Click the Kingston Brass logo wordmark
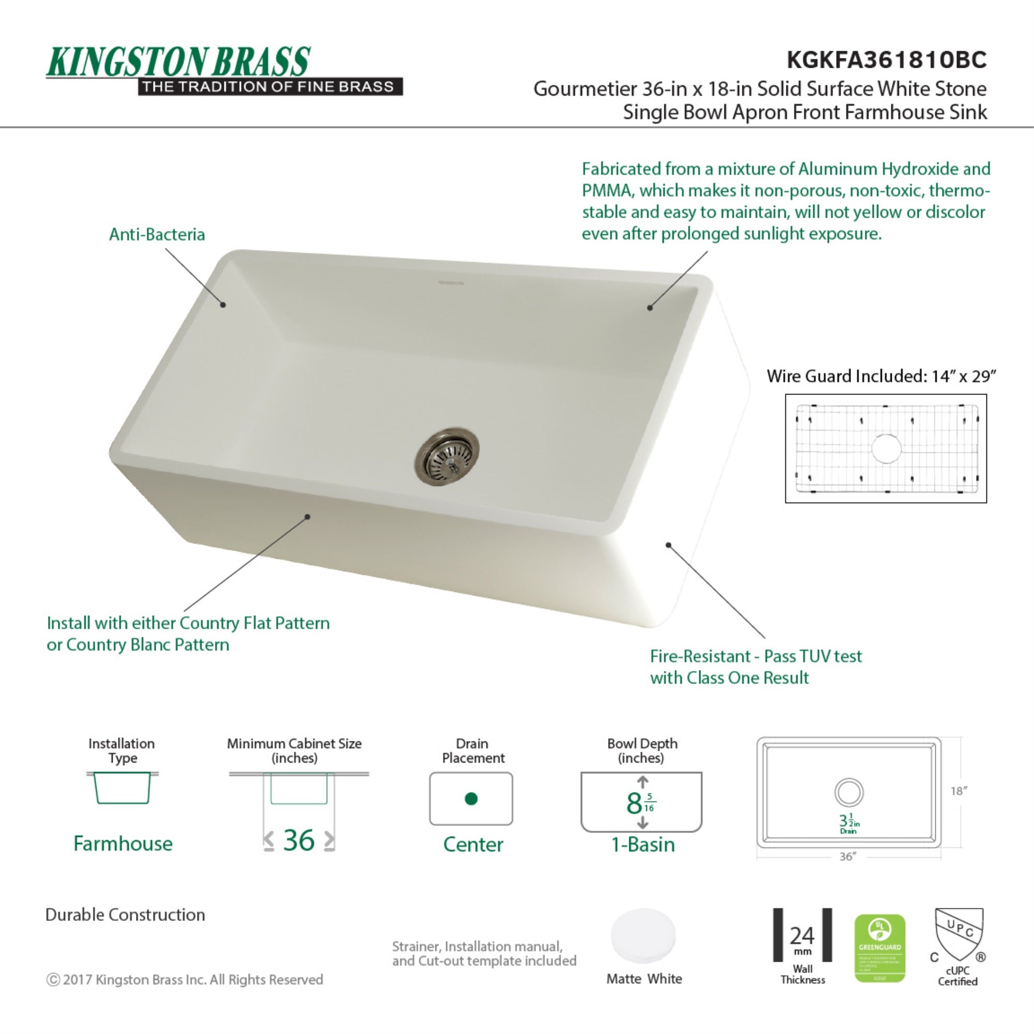(178, 62)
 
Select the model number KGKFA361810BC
(886, 59)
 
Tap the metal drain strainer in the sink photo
(447, 457)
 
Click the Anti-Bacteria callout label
(157, 234)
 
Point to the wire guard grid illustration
(886, 448)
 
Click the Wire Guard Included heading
(881, 376)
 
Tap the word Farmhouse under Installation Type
(123, 844)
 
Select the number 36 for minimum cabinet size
(299, 840)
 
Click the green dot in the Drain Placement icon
(471, 799)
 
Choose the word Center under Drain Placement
(473, 845)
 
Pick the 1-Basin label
(643, 845)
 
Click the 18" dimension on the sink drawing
(959, 790)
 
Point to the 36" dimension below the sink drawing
(848, 857)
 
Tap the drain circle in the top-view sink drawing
(849, 792)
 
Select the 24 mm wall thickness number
(802, 936)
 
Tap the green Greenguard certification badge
(879, 948)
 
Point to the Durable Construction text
(125, 915)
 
